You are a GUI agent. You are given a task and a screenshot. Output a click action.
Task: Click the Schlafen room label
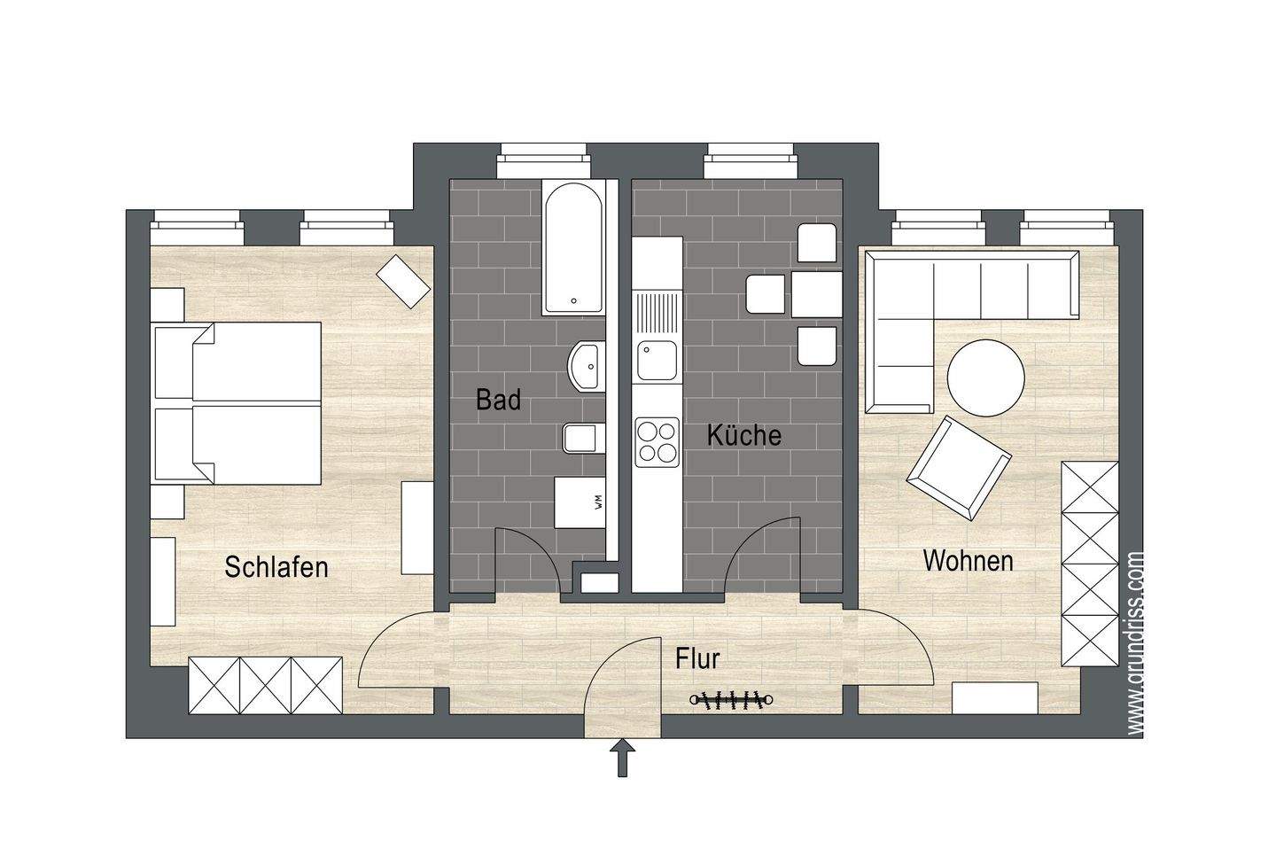click(276, 567)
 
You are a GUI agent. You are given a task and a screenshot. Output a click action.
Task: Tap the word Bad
click(498, 400)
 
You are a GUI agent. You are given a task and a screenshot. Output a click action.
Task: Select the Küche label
click(743, 435)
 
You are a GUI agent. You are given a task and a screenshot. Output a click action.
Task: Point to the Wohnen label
click(968, 561)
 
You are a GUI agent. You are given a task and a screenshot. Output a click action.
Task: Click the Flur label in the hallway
click(696, 659)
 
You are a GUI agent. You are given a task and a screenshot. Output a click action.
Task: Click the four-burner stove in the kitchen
click(657, 441)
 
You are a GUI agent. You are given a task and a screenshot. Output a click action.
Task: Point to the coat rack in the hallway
click(731, 700)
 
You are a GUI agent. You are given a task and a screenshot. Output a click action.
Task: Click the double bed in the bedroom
click(237, 404)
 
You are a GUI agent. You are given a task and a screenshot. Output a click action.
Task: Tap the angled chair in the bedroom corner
click(403, 281)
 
